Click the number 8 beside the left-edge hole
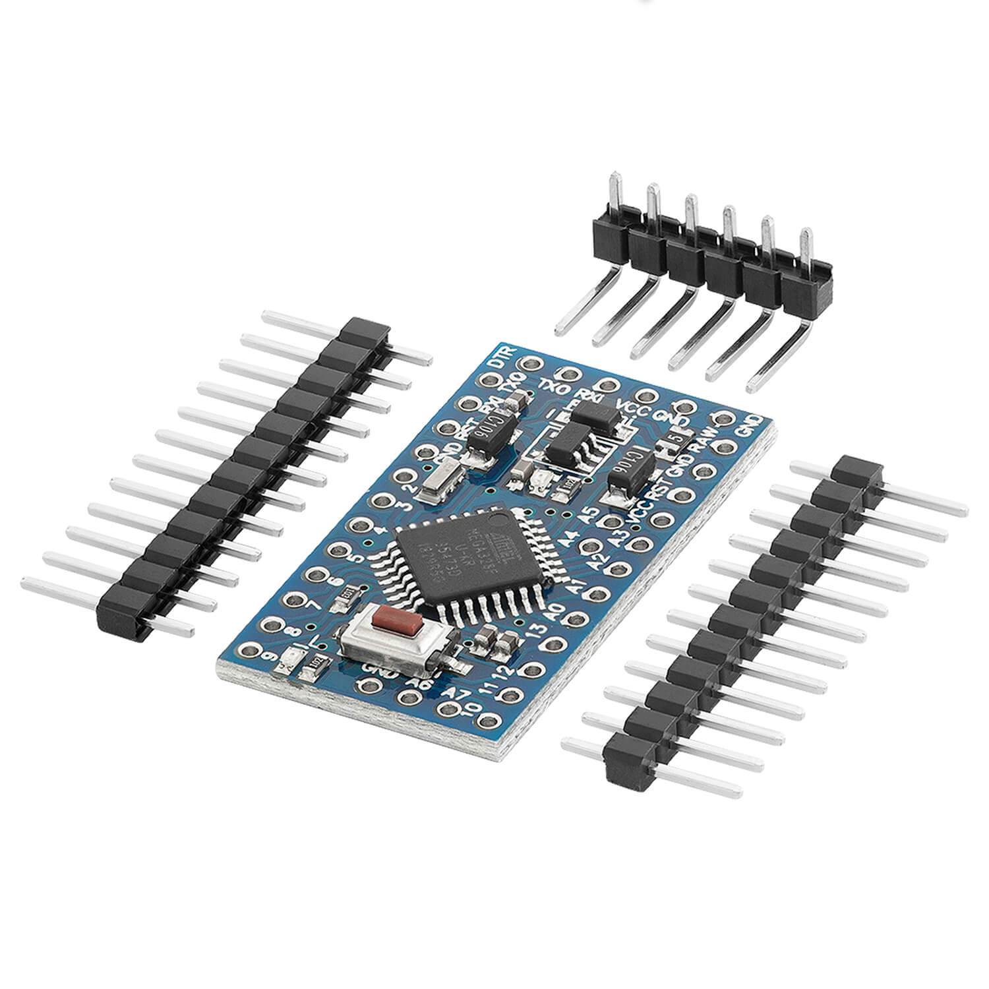coord(287,630)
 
